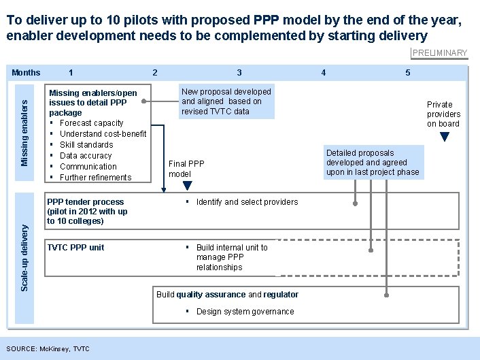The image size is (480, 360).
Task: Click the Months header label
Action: tap(26, 73)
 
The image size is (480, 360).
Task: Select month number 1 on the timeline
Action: tap(71, 73)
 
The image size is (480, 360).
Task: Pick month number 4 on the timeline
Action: tap(323, 73)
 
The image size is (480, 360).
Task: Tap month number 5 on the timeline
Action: tap(407, 73)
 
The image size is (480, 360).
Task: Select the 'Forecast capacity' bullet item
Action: tap(91, 123)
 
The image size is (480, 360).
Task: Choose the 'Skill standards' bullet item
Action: tap(86, 145)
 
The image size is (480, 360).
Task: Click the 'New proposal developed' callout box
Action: tap(226, 101)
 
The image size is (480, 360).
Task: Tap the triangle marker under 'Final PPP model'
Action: tap(188, 184)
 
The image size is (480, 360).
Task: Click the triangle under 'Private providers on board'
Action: tap(444, 136)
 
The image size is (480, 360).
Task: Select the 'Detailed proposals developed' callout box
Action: tap(373, 163)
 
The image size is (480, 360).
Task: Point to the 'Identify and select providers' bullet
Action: tap(247, 202)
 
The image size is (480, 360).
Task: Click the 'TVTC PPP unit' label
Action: tap(75, 248)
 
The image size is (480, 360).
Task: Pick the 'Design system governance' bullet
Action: tap(245, 312)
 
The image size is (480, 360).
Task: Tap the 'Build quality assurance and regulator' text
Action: tap(227, 295)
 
